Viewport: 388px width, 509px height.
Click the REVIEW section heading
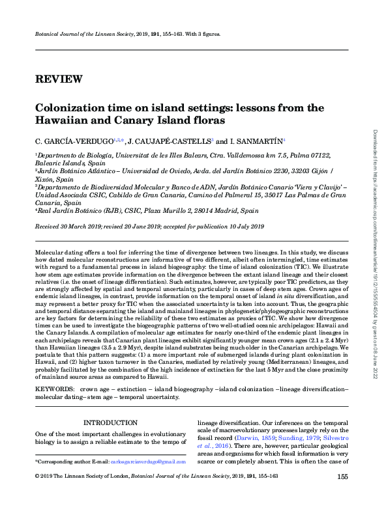click(x=58, y=79)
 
